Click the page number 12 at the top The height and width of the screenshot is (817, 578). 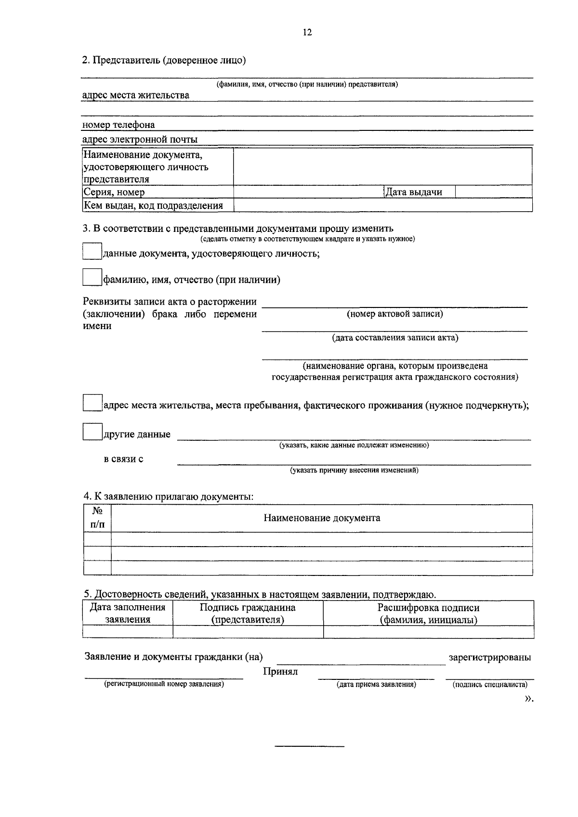(307, 33)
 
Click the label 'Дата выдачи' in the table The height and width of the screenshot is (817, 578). (414, 192)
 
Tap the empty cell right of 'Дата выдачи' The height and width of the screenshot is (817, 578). (493, 191)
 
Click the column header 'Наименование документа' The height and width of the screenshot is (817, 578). (322, 518)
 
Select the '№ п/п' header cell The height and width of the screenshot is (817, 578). (97, 518)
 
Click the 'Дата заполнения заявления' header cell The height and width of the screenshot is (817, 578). (128, 613)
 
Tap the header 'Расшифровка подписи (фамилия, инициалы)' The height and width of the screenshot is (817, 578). (428, 613)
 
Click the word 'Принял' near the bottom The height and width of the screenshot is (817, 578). (280, 672)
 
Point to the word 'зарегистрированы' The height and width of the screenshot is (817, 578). (490, 657)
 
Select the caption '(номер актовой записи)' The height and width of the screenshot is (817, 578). (395, 314)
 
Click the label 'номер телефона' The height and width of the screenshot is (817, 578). (118, 125)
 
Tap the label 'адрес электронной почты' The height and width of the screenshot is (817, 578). (140, 140)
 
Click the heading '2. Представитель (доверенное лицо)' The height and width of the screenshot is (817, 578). (164, 60)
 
